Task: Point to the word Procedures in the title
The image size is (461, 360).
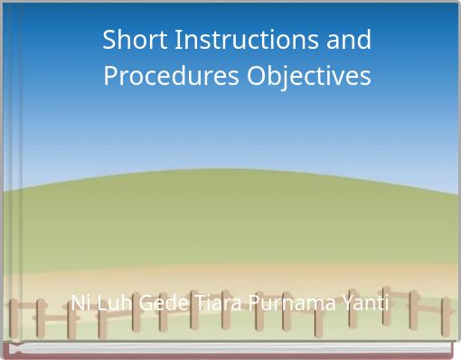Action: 171,77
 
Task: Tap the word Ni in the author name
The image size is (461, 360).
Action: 80,303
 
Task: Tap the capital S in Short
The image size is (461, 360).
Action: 109,41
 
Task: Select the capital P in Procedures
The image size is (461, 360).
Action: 110,77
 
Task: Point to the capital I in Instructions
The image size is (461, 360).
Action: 172,41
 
